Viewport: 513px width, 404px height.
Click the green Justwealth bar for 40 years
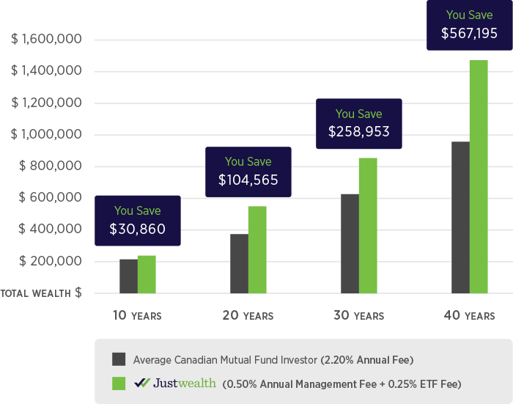click(x=479, y=176)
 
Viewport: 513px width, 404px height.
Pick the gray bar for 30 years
click(x=350, y=243)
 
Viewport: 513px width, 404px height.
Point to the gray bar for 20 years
click(x=239, y=263)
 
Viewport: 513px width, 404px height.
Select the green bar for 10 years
click(x=147, y=274)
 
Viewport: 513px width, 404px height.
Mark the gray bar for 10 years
click(x=128, y=276)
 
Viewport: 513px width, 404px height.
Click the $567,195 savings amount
click(x=469, y=33)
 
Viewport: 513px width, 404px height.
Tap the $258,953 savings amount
click(x=358, y=133)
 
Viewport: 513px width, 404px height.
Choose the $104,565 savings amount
click(x=248, y=180)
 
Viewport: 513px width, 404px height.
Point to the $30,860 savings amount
click(x=138, y=229)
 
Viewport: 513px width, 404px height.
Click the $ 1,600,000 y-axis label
click(x=45, y=39)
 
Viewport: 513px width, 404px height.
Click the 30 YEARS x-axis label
click(x=358, y=315)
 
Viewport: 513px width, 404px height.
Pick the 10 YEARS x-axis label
click(x=137, y=315)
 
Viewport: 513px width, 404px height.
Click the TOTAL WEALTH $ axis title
click(x=41, y=293)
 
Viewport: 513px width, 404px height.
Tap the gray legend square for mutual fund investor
click(x=119, y=359)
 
